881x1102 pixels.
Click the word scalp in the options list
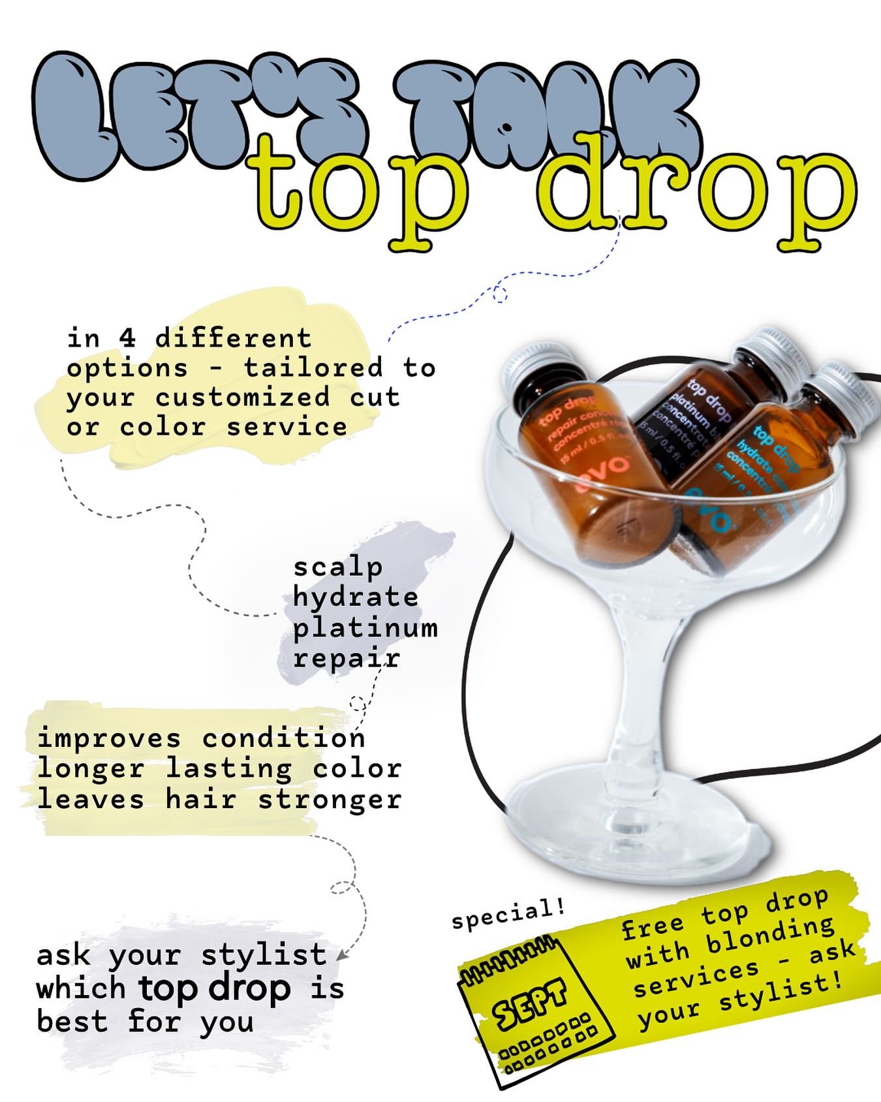click(337, 568)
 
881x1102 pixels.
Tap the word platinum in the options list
click(365, 628)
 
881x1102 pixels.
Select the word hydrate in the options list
click(356, 597)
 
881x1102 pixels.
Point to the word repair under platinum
click(346, 658)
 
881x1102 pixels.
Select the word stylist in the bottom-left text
click(264, 955)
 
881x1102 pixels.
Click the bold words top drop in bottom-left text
click(215, 988)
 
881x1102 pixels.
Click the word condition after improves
click(283, 738)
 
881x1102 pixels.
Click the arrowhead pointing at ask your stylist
click(339, 955)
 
